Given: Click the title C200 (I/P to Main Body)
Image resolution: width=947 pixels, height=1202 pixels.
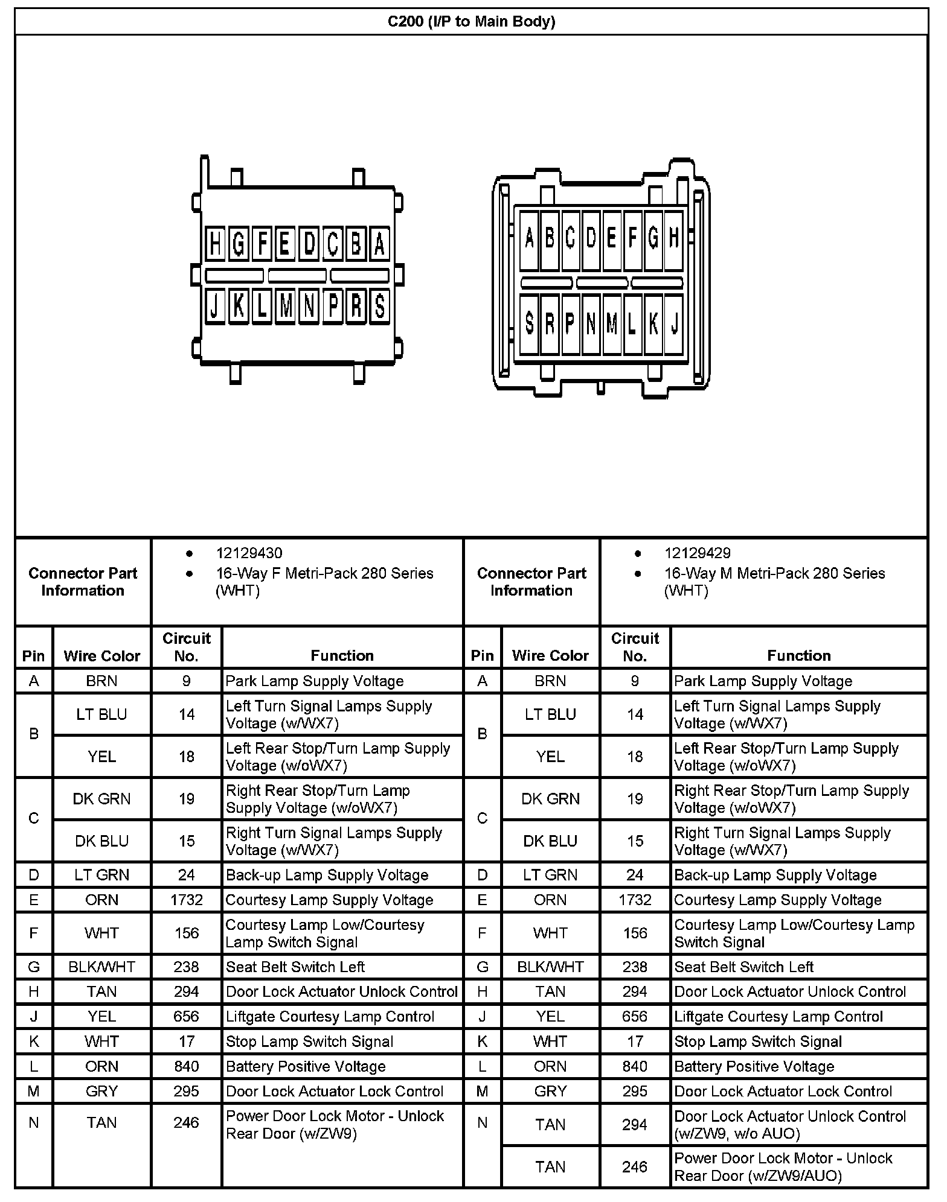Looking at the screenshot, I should pyautogui.click(x=471, y=22).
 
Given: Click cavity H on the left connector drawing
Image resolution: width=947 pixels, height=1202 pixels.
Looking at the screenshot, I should pyautogui.click(x=215, y=244).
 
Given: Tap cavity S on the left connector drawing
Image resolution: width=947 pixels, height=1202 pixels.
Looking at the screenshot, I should pyautogui.click(x=379, y=306).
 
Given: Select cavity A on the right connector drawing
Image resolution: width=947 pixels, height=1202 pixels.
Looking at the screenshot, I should pyautogui.click(x=529, y=239).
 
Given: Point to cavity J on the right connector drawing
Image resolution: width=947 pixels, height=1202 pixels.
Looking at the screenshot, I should pyautogui.click(x=673, y=324).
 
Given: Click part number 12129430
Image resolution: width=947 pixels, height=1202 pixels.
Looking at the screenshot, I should pyautogui.click(x=249, y=553).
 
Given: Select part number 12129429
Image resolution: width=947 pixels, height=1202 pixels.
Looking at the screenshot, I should pyautogui.click(x=697, y=553).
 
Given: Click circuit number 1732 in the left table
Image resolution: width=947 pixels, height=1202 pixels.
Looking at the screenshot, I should pyautogui.click(x=186, y=900).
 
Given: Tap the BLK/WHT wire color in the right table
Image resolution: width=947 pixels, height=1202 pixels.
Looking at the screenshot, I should pyautogui.click(x=550, y=967).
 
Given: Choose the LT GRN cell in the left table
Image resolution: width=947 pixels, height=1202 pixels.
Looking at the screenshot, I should pyautogui.click(x=101, y=875).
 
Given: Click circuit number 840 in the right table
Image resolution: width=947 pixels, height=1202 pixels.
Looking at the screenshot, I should pyautogui.click(x=635, y=1066).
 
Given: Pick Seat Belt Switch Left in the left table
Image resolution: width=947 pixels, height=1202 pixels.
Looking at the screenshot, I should pyautogui.click(x=295, y=967).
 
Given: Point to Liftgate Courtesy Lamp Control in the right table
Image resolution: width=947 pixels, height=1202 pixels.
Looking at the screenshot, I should pyautogui.click(x=778, y=1017).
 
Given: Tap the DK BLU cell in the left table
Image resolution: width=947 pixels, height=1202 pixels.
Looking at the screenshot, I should pyautogui.click(x=101, y=841).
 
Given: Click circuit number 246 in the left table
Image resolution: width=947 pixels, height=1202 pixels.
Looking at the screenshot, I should pyautogui.click(x=186, y=1122).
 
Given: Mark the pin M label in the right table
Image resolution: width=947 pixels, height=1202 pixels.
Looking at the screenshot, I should pyautogui.click(x=482, y=1091).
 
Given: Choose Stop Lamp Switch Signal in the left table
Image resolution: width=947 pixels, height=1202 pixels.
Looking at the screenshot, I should pyautogui.click(x=309, y=1041).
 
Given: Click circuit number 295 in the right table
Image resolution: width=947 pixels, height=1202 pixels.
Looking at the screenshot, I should pyautogui.click(x=635, y=1091).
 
